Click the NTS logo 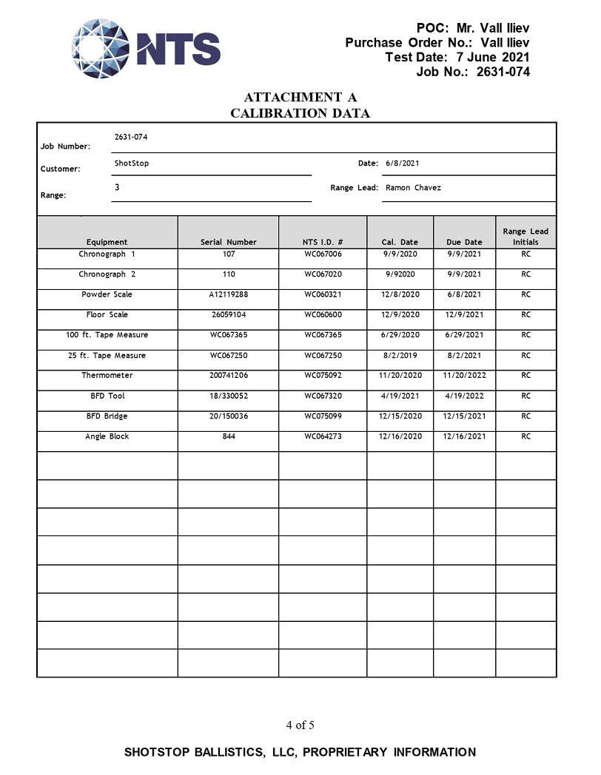(146, 49)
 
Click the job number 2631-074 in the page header (503, 72)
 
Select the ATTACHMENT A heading (300, 97)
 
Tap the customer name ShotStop (132, 163)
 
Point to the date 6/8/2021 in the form (402, 163)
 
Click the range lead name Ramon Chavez (413, 188)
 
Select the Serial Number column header (229, 242)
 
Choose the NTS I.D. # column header (323, 242)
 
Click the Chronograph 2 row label (107, 274)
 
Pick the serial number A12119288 (229, 294)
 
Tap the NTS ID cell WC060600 (323, 315)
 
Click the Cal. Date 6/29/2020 (400, 335)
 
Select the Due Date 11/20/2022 (464, 376)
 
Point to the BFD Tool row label (107, 396)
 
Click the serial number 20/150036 (229, 416)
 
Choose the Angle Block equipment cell (107, 436)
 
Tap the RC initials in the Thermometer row (526, 376)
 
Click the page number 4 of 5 (300, 725)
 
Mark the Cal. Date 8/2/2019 (400, 356)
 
